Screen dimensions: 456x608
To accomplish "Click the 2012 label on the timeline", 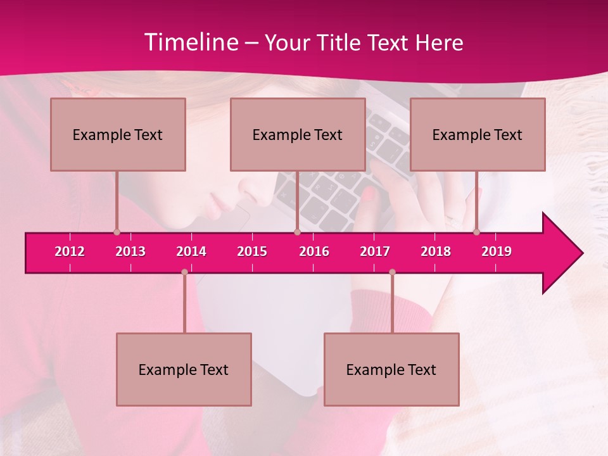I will click(x=70, y=251).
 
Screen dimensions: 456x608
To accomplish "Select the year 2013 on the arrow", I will click(x=130, y=251).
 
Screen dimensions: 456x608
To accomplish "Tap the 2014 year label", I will click(x=191, y=251).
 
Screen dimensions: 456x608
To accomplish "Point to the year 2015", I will click(x=252, y=251).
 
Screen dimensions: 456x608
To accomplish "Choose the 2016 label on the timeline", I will click(x=314, y=251).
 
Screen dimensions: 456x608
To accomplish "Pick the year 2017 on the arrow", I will click(x=375, y=251).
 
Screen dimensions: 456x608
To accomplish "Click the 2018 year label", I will click(x=436, y=251).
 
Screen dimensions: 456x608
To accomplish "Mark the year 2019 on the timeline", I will click(x=497, y=251).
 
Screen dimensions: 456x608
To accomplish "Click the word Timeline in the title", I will click(x=190, y=42).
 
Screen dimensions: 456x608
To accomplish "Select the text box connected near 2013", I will click(x=118, y=134).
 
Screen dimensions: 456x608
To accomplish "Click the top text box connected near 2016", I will click(x=298, y=134).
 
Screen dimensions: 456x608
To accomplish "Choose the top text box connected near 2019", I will click(x=478, y=134).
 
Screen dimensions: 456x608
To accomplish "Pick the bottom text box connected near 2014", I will click(x=184, y=369).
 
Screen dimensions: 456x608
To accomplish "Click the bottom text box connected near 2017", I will click(x=391, y=369).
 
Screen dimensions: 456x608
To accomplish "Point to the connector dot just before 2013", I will click(x=117, y=232).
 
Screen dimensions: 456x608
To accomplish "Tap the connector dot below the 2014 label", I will click(x=184, y=272).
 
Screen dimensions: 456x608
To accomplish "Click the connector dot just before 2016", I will click(x=297, y=232).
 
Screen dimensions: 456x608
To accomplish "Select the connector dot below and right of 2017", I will click(x=392, y=272).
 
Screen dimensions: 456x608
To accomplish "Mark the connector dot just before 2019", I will click(x=477, y=232).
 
